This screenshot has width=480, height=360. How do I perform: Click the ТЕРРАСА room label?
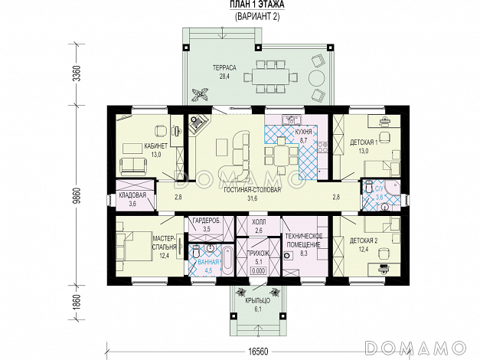pos(224,67)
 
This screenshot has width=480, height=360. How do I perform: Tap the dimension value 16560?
pos(257,351)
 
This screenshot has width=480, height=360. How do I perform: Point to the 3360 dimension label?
pos(78,74)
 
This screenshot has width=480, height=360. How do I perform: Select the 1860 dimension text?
pos(78,303)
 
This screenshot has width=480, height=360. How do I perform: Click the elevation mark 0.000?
pos(258,271)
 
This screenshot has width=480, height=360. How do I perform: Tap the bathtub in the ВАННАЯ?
pos(228,260)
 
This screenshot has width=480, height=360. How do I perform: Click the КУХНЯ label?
pos(303,132)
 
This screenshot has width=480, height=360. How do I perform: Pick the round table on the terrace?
pos(316,78)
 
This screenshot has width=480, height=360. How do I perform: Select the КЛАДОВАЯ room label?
pos(132,195)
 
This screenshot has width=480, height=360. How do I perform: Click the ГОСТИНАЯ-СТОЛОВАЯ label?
pos(252,190)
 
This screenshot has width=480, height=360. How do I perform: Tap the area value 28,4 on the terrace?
pos(224,77)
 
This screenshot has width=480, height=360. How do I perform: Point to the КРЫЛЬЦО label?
pos(258,301)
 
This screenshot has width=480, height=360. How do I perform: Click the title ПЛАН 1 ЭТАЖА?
pos(257,5)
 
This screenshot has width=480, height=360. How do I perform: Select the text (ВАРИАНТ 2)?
pos(257,16)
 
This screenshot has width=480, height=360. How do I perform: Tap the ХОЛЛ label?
pos(259,222)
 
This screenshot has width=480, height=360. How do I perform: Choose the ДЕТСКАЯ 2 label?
pos(364,241)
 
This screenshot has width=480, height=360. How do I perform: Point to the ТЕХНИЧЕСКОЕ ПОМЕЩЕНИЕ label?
pos(304,241)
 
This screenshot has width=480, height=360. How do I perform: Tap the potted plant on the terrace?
pos(200,94)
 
